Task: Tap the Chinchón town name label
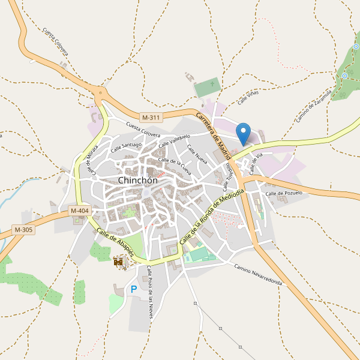coord(138,180)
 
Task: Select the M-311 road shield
coord(151,117)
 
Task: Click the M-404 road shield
coord(80,211)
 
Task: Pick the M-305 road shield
coord(23,230)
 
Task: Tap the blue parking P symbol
coord(134,290)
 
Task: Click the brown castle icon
coord(119,261)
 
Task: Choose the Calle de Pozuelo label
coord(284,193)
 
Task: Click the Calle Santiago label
coord(125,145)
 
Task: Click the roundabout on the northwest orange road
coord(100,92)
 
